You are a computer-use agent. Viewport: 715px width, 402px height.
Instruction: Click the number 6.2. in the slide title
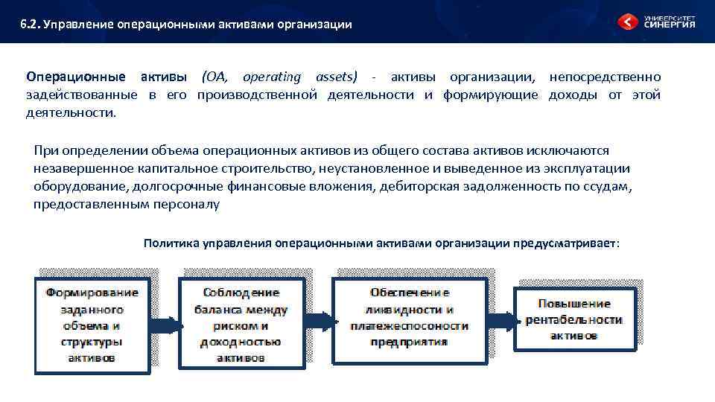click(x=30, y=25)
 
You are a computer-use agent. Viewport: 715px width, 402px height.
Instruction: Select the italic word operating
click(x=273, y=77)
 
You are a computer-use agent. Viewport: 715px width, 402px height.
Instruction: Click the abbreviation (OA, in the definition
click(x=216, y=77)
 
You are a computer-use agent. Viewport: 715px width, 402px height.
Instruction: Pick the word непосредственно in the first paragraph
click(x=605, y=77)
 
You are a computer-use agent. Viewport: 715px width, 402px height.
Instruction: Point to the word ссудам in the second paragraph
click(x=608, y=186)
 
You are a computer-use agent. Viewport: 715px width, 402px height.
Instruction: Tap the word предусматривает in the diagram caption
click(x=564, y=243)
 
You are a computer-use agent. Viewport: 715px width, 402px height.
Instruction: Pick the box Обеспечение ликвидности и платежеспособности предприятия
click(x=409, y=318)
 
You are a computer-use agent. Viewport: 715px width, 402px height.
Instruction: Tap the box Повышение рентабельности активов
click(x=573, y=319)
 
